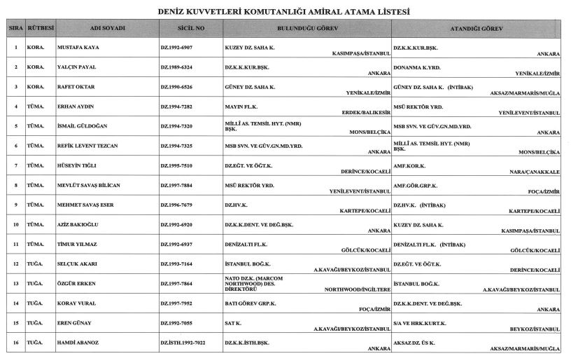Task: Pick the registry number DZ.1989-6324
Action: [181, 68]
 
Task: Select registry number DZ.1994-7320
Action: [181, 127]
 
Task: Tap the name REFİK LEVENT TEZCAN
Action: [87, 146]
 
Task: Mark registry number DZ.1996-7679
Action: [181, 205]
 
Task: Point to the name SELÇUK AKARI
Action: [78, 264]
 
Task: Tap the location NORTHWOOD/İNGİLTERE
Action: [353, 289]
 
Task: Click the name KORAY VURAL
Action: [76, 304]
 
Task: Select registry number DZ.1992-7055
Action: [181, 324]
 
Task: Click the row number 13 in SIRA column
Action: [15, 284]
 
